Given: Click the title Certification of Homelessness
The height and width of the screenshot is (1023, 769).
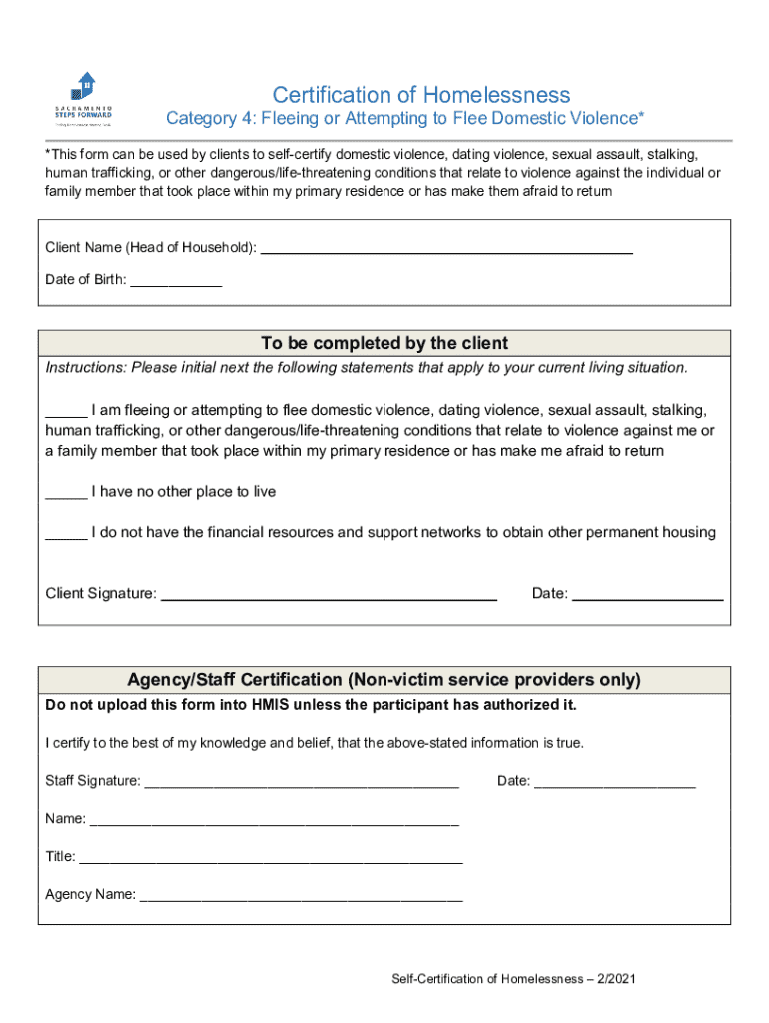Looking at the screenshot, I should (420, 95).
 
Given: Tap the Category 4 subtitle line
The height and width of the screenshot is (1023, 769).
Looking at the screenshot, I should (404, 119).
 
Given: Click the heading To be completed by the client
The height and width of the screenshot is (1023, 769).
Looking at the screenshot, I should (384, 343).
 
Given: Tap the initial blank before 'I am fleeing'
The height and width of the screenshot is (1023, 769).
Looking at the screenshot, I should (66, 412).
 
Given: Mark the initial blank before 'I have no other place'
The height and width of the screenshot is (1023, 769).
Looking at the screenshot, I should (66, 494).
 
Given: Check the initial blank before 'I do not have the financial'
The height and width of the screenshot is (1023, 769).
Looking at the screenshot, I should (66, 534).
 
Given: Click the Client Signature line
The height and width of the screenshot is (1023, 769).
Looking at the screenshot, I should (329, 597).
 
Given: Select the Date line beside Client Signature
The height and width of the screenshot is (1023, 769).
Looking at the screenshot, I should (647, 597).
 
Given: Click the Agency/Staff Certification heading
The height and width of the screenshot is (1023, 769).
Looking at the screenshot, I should (384, 680).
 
